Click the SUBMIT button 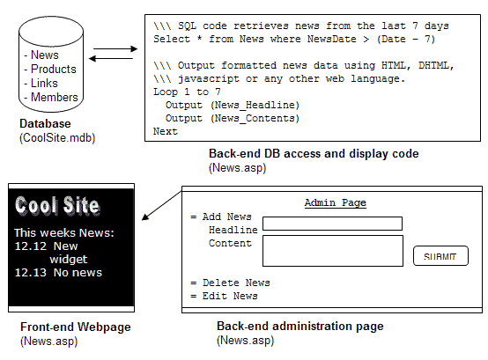440,256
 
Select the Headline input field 332,224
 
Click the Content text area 333,251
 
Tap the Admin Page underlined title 336,202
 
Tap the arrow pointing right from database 115,48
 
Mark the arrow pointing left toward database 111,58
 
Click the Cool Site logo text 57,205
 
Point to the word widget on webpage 69,259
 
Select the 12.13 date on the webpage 31,272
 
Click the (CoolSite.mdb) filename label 57,137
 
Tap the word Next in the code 166,131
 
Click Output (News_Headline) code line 233,105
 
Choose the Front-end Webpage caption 76,327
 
